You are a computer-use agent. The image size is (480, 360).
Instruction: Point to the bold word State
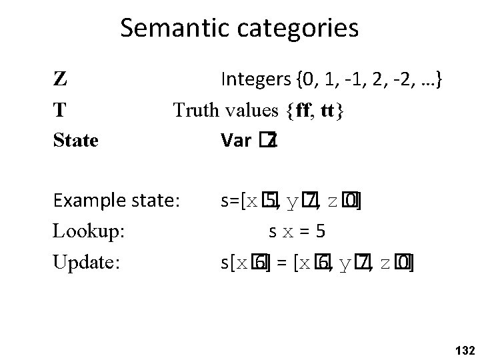pyautogui.click(x=76, y=141)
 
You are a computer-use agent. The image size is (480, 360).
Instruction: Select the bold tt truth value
pyautogui.click(x=331, y=111)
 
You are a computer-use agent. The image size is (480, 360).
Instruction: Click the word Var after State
pyautogui.click(x=235, y=141)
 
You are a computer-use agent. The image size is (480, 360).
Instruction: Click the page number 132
pyautogui.click(x=462, y=350)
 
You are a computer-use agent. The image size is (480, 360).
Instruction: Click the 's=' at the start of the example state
pyautogui.click(x=229, y=200)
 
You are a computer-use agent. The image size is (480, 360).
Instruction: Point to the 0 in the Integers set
pyautogui.click(x=308, y=81)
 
